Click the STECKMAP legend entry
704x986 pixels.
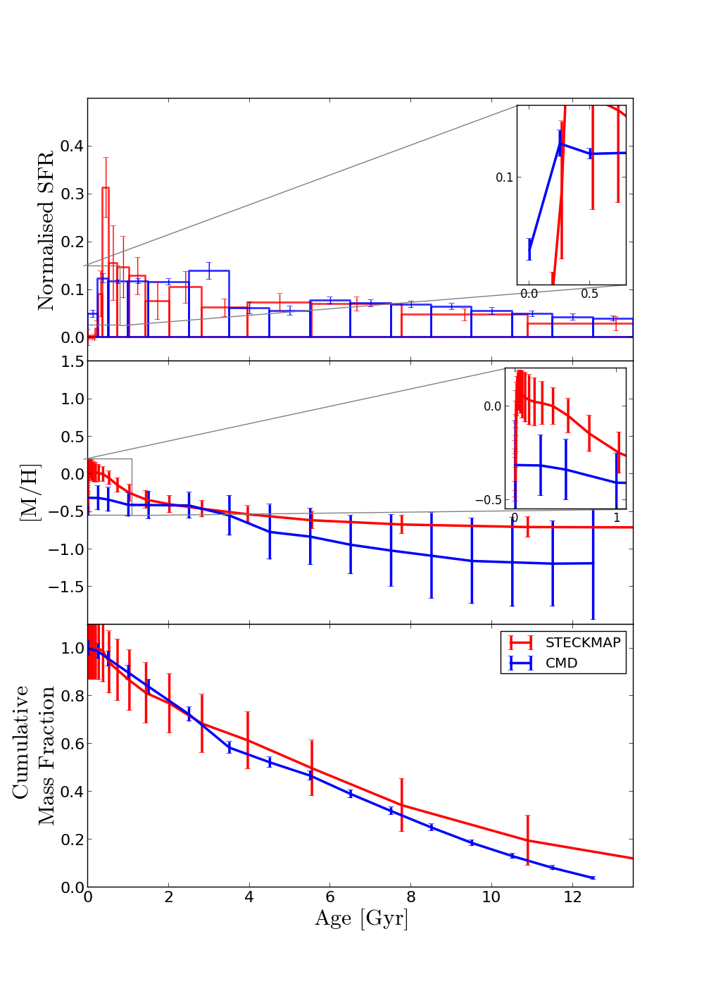583,642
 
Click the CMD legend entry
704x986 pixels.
561,663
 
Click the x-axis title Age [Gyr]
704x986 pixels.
361,918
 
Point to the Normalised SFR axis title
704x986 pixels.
46,230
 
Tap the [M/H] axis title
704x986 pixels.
30,492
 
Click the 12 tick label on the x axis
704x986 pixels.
572,897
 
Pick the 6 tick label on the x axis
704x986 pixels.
329,897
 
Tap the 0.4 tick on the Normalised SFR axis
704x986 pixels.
71,146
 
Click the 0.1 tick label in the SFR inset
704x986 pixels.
504,177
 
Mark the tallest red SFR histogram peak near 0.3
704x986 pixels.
105,187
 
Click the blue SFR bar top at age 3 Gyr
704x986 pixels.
208,270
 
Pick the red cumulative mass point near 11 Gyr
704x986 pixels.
527,840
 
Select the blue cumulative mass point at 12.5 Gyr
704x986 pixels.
592,878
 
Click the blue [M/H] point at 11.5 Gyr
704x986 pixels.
553,563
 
